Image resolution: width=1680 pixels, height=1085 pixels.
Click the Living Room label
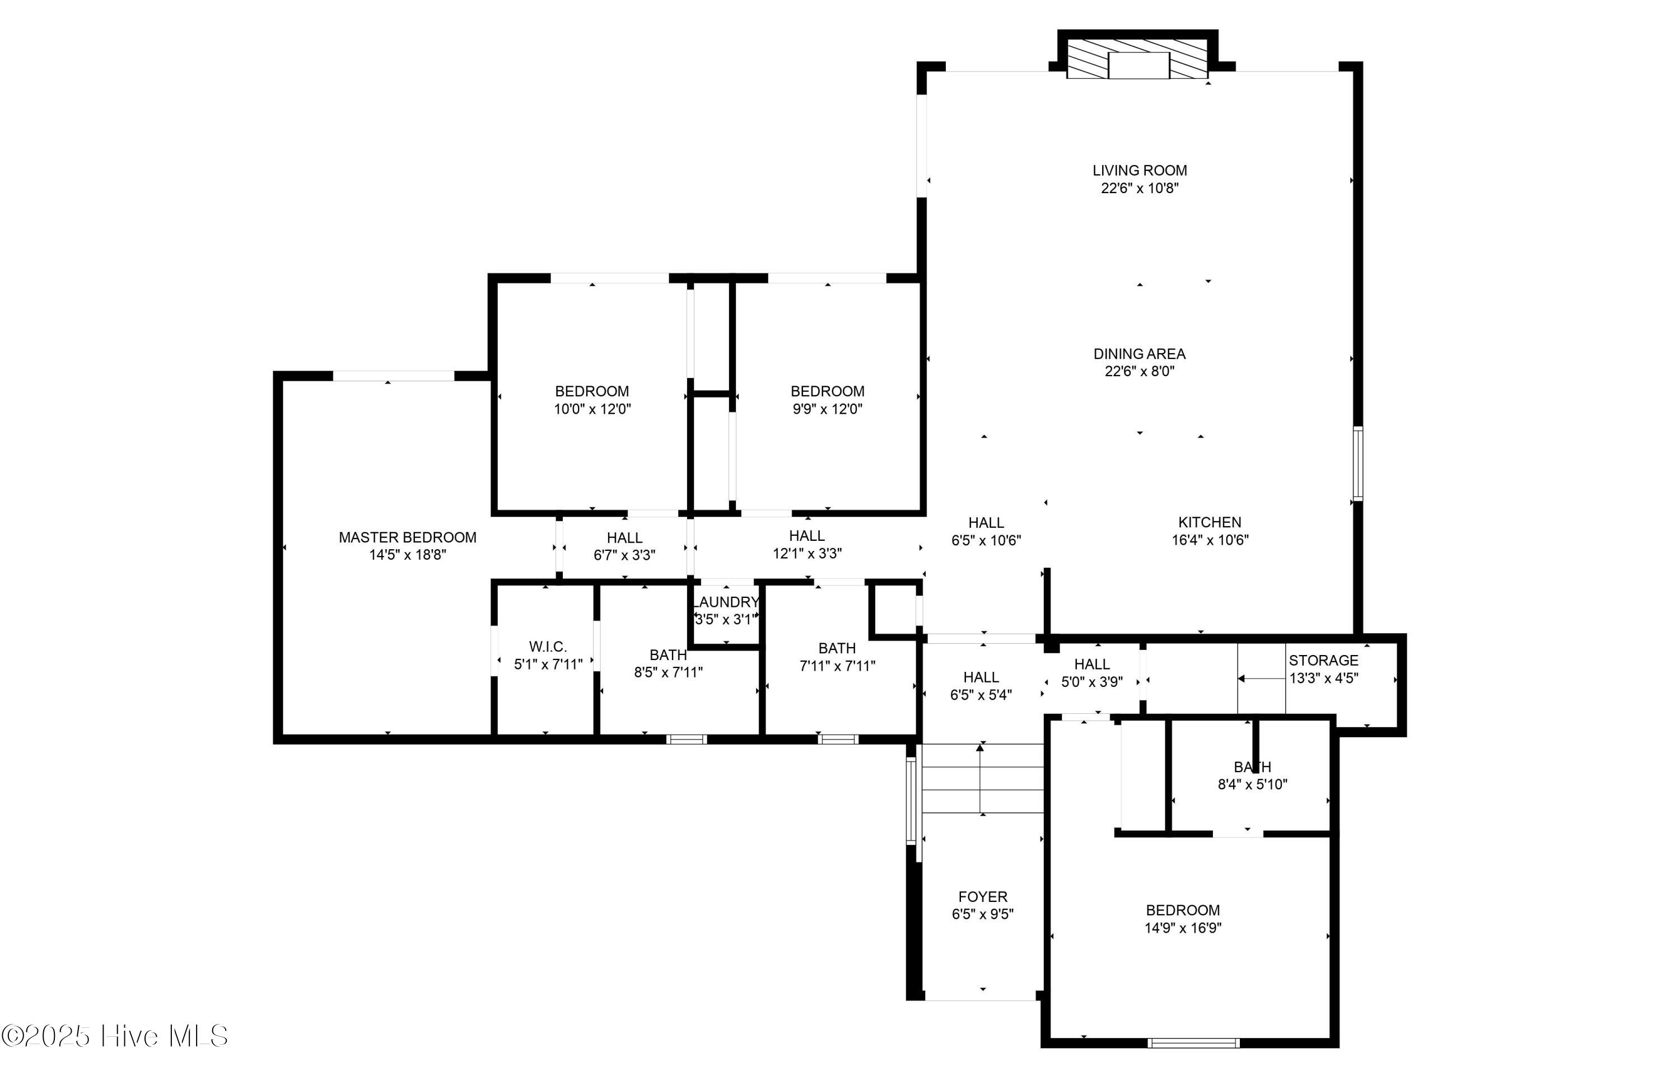click(x=1139, y=171)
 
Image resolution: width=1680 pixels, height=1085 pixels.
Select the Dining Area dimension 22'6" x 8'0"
click(x=1139, y=371)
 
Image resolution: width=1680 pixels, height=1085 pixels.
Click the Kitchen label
click(x=1209, y=522)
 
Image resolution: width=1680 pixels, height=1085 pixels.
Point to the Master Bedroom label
click(x=407, y=537)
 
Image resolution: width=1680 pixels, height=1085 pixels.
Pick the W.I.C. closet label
click(x=548, y=647)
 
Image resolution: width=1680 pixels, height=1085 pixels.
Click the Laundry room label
click(x=726, y=602)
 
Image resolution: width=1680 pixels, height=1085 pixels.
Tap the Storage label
click(x=1323, y=661)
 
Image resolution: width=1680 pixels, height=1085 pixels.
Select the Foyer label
click(x=982, y=897)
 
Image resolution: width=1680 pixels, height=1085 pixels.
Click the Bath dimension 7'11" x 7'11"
click(x=837, y=666)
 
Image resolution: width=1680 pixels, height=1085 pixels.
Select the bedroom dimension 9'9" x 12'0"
click(x=827, y=409)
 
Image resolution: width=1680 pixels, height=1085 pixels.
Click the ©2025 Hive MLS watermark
click(x=115, y=1036)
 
